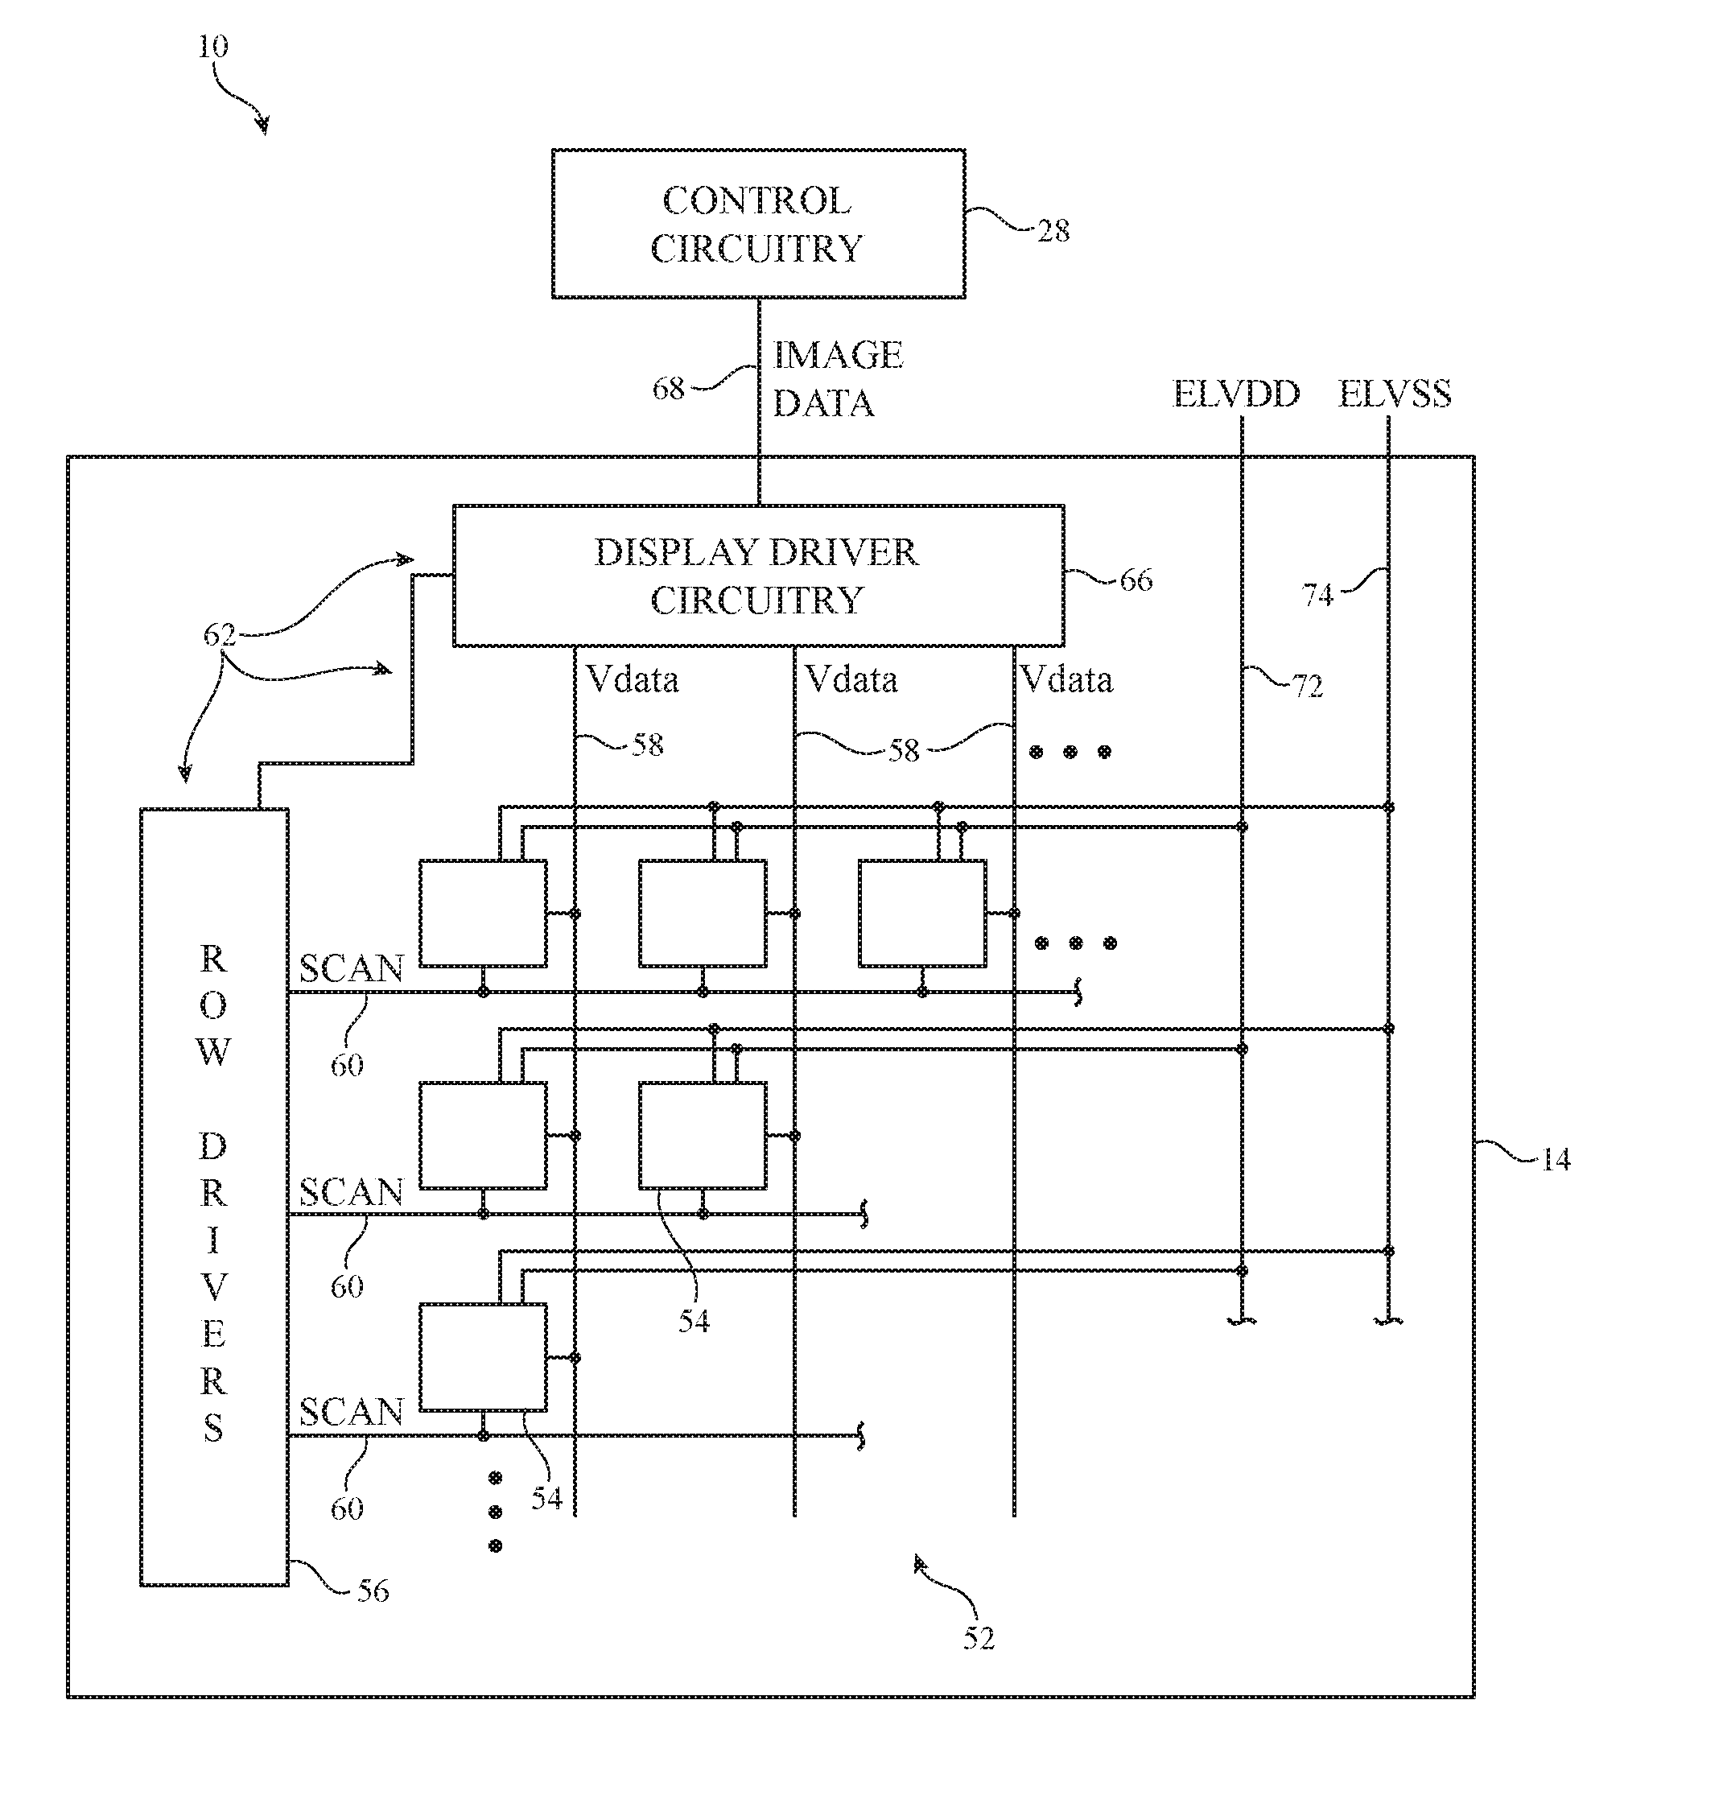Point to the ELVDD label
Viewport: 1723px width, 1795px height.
click(1236, 394)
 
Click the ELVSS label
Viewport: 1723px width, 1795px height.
click(1395, 394)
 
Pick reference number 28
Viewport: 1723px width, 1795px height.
click(1053, 231)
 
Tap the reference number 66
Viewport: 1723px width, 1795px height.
click(1136, 580)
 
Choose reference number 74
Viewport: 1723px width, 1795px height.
click(1317, 596)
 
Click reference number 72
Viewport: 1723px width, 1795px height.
click(1308, 686)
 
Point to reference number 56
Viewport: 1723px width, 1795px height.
click(373, 1591)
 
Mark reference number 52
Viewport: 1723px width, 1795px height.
click(978, 1638)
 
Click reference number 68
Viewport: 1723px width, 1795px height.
click(668, 388)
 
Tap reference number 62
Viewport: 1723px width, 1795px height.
click(220, 633)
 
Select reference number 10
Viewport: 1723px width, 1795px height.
click(213, 46)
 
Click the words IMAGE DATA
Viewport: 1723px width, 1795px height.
click(838, 379)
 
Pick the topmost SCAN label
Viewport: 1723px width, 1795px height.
click(352, 968)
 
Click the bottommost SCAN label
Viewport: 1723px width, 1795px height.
click(352, 1411)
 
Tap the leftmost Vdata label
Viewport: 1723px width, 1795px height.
click(633, 679)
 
